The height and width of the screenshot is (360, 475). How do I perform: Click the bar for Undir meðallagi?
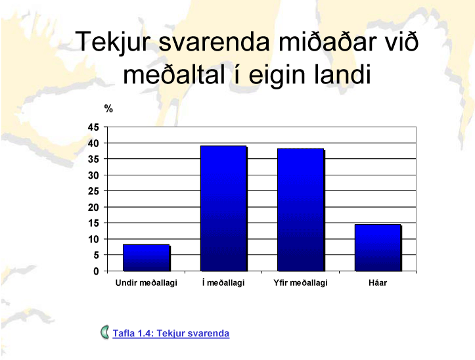[x=147, y=258]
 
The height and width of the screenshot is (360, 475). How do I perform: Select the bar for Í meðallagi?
[x=223, y=208]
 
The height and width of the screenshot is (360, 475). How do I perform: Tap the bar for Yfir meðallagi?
[x=301, y=210]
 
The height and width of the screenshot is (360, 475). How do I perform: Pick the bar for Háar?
[x=378, y=248]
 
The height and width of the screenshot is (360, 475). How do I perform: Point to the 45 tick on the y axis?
[x=93, y=127]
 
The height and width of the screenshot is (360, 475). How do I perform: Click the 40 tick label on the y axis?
[x=93, y=143]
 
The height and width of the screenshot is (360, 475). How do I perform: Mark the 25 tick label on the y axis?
[x=93, y=191]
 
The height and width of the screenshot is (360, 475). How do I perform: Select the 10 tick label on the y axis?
[x=93, y=239]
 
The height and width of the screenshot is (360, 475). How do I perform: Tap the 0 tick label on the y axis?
[x=97, y=271]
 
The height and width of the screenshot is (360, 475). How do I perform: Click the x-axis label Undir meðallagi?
[x=147, y=282]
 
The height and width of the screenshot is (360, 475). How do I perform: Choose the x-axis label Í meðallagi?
[x=223, y=282]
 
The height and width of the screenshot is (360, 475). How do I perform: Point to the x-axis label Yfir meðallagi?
[x=300, y=282]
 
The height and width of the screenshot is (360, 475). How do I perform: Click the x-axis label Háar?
[x=378, y=282]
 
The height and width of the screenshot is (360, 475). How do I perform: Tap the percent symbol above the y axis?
[x=108, y=108]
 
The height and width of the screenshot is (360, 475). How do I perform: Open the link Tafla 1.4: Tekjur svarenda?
[x=171, y=333]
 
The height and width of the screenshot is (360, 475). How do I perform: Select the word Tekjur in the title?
[x=113, y=42]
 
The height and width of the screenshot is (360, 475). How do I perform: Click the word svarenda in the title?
[x=214, y=42]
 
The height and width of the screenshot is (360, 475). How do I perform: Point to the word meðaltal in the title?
[x=174, y=74]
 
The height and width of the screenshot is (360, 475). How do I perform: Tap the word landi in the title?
[x=342, y=74]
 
